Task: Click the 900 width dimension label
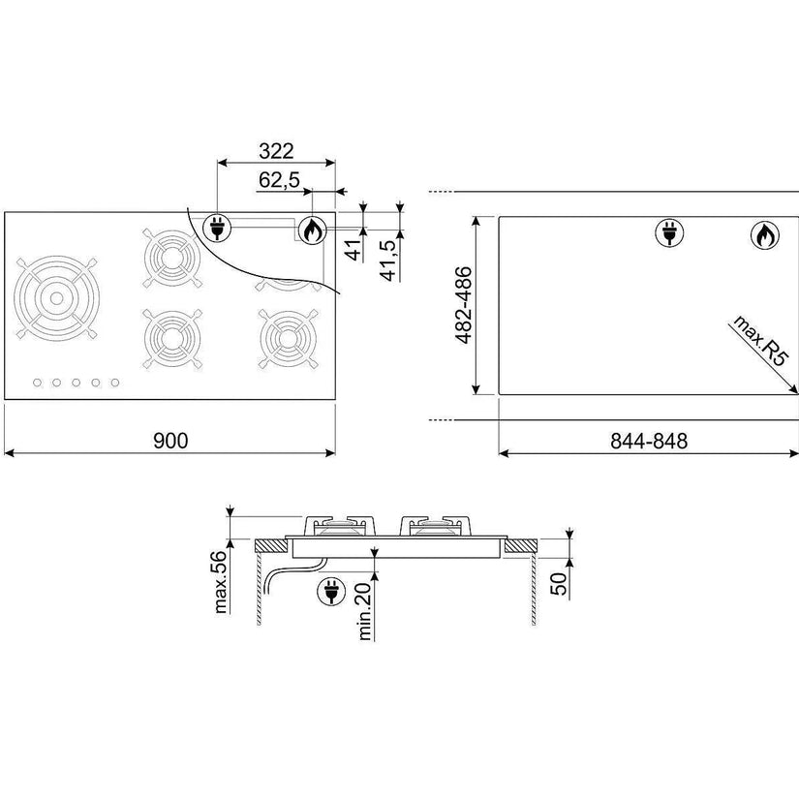coord(170,441)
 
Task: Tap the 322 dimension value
coord(276,151)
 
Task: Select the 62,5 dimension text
coord(279,179)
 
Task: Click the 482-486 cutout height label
coord(464,305)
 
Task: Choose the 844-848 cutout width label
coord(649,441)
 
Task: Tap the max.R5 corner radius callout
coord(760,340)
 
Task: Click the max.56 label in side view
coord(220,581)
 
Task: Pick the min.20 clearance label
coord(365,611)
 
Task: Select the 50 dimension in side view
coord(558,583)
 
